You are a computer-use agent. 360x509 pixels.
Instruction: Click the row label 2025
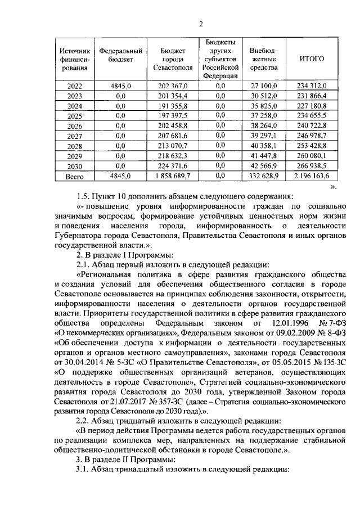(74, 115)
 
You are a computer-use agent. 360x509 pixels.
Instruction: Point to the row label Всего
(74, 176)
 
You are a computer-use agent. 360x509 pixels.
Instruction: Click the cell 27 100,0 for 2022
(264, 85)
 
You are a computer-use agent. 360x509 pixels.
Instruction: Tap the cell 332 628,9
(264, 176)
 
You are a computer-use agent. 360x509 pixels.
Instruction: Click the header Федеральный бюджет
(120, 55)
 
